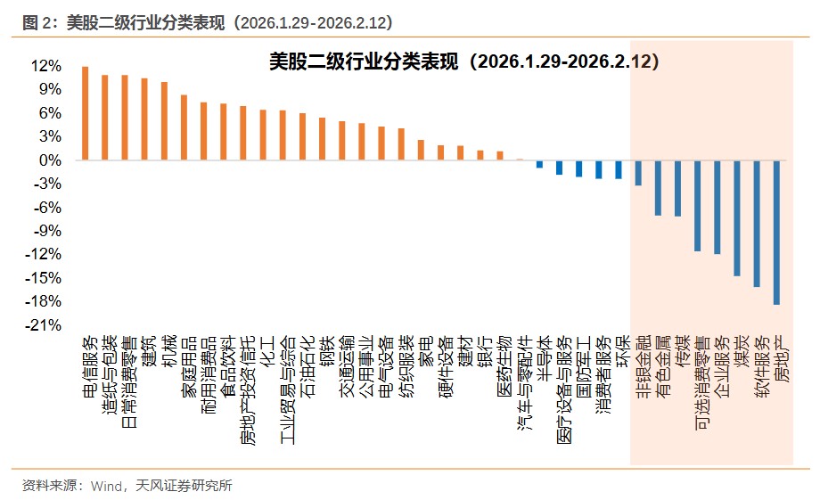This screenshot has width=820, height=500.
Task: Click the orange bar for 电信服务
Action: (x=86, y=113)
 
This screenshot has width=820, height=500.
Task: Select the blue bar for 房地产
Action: (x=777, y=233)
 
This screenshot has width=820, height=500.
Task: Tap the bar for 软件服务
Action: (x=758, y=224)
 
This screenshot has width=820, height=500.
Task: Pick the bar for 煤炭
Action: (x=737, y=218)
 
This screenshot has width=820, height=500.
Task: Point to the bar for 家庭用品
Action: (x=184, y=127)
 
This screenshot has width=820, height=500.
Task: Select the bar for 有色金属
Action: (x=658, y=188)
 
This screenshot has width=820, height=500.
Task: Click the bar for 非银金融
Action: (x=638, y=173)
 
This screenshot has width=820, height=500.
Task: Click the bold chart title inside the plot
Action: (x=463, y=61)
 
